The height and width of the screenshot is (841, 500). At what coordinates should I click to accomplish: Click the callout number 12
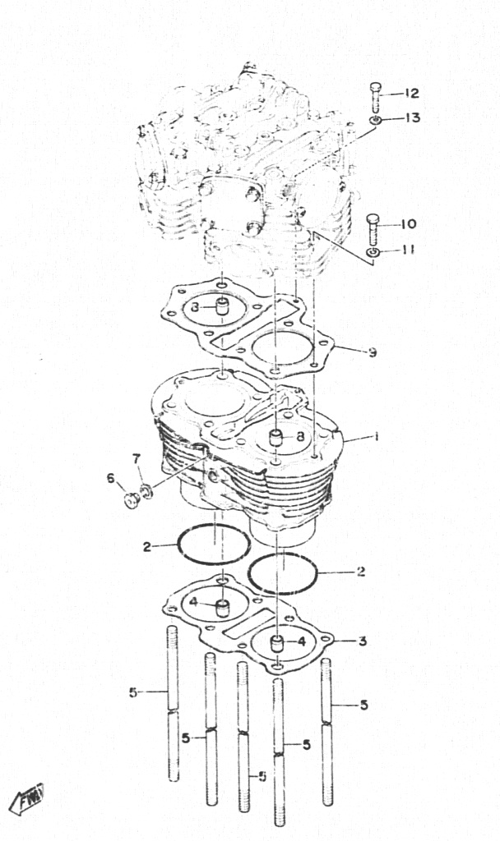411,94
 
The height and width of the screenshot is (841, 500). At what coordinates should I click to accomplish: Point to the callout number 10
408,223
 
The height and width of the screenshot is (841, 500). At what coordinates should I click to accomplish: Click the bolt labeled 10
374,228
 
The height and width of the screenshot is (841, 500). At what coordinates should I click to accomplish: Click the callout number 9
372,352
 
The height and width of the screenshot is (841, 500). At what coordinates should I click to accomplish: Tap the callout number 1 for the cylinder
377,437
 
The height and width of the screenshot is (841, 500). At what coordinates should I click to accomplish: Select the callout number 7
137,458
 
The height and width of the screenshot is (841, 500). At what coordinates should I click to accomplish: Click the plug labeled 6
131,501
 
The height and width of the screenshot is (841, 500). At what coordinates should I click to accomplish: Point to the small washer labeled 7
146,490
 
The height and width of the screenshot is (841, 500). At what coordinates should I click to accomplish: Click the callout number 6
111,478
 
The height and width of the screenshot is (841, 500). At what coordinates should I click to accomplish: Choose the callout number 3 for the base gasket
363,641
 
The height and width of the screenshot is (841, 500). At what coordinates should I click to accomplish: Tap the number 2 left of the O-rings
146,547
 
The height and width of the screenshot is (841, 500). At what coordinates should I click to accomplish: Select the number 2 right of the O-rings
361,572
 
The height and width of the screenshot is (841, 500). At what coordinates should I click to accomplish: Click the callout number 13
412,117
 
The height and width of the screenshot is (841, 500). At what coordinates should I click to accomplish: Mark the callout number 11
408,250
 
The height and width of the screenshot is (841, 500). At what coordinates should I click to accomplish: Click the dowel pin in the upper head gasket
222,309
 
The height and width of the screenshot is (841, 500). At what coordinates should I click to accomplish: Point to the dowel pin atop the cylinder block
276,439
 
